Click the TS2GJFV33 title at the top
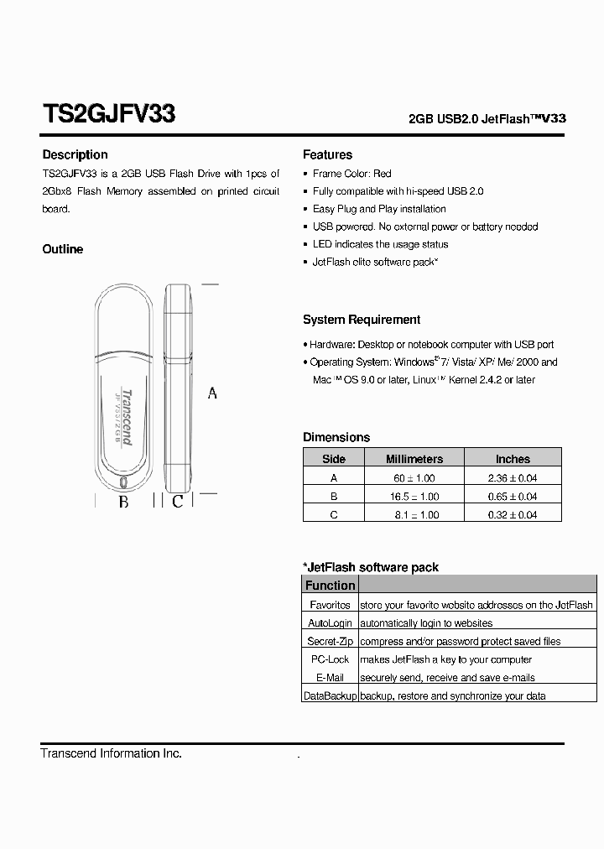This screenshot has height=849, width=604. [108, 115]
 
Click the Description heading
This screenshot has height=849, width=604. [75, 154]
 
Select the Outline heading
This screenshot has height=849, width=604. [63, 249]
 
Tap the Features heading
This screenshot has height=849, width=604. [327, 154]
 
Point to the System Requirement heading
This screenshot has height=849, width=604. [362, 320]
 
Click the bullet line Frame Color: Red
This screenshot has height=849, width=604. [351, 174]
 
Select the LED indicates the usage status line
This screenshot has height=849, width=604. [380, 244]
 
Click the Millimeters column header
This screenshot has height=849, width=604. [414, 459]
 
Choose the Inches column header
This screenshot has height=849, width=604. [513, 459]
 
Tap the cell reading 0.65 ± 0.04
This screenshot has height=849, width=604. [513, 496]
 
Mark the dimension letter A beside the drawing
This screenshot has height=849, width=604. [212, 393]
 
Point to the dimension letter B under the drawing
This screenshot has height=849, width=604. [123, 503]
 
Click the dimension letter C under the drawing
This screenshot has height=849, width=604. [177, 503]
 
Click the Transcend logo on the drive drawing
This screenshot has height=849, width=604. [127, 418]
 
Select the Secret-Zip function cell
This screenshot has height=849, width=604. [330, 641]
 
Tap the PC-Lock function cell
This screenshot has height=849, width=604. [330, 659]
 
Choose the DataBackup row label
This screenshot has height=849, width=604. [330, 696]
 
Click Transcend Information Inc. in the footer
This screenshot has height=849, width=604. [111, 753]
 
